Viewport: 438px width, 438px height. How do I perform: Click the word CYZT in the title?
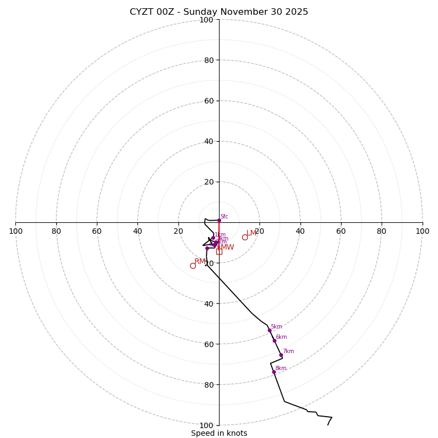(141, 12)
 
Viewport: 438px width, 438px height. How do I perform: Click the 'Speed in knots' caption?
(219, 433)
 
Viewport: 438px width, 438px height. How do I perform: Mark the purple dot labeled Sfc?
(219, 220)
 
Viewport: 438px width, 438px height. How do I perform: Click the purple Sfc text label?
(224, 217)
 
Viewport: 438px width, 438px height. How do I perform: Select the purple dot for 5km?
(269, 330)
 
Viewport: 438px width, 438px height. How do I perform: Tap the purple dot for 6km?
(274, 341)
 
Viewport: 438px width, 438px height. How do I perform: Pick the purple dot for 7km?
(281, 355)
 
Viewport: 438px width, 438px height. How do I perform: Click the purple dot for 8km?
(274, 372)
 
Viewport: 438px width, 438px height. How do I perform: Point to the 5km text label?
(276, 327)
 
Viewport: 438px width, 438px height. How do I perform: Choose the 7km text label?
(288, 351)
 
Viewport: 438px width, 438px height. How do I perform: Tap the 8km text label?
(280, 368)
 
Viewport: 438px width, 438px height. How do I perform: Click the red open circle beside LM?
(245, 237)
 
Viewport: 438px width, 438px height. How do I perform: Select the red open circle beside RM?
(193, 266)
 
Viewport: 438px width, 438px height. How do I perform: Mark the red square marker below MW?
(219, 251)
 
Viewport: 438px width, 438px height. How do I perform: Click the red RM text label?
(200, 262)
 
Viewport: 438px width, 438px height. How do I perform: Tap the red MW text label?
(227, 247)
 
